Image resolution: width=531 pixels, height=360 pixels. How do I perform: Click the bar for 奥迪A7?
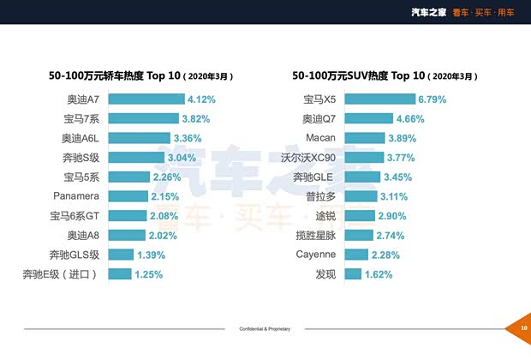coord(146,99)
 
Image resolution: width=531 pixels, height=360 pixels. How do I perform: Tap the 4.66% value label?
coord(411,118)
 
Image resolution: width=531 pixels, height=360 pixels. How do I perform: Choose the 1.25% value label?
coord(149,274)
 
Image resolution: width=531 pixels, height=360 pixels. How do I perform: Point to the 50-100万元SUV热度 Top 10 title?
coord(383,75)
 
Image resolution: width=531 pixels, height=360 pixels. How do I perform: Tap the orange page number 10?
coord(522,328)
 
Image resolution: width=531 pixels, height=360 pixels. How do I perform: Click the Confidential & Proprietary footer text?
coord(265,328)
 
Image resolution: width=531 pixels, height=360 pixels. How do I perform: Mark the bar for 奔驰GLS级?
coord(121,255)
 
